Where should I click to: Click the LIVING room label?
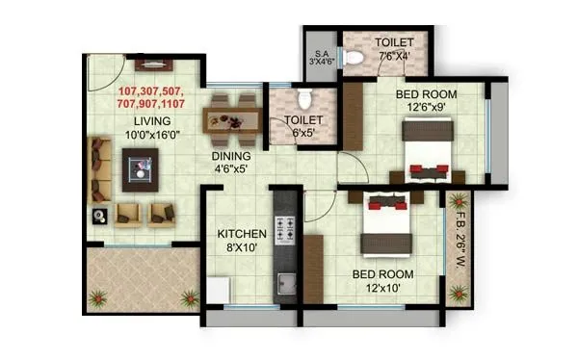tap(153, 120)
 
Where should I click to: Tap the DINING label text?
tap(231, 156)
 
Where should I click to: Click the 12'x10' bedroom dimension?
tap(382, 288)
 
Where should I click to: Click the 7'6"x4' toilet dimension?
tap(394, 57)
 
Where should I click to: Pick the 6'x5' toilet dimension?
tap(302, 134)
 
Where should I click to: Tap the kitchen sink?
tap(286, 284)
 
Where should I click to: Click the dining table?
tap(231, 117)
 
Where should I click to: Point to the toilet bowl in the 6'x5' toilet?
tap(303, 98)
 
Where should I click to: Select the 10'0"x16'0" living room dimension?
tap(153, 135)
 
